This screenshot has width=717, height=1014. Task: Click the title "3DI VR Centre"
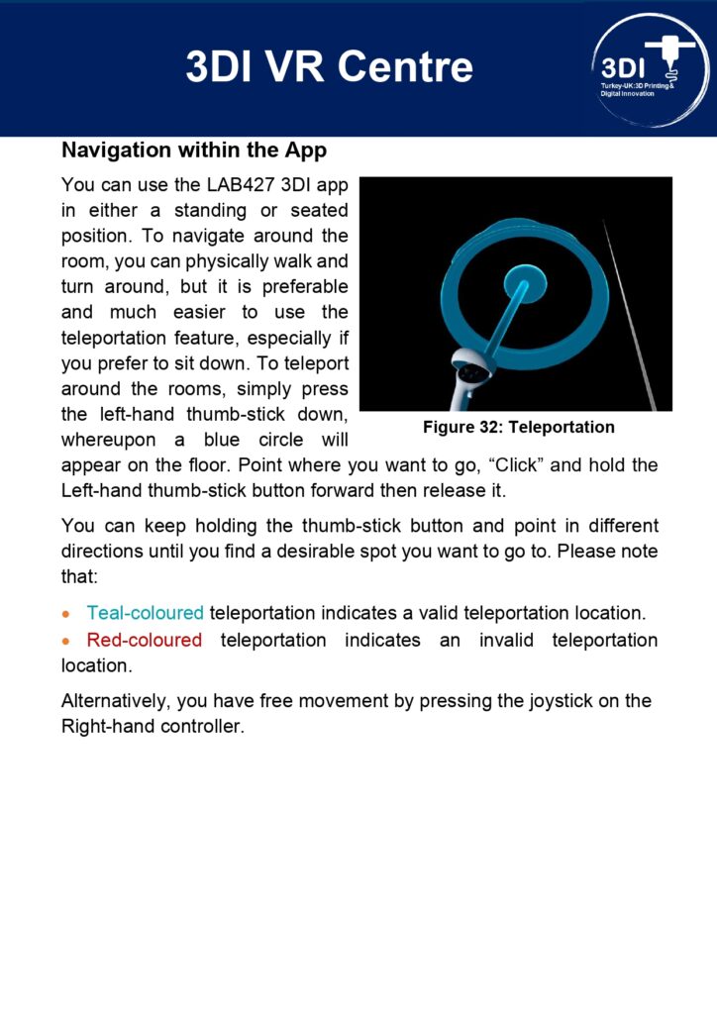coord(329,67)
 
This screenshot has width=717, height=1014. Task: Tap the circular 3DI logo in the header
coord(650,69)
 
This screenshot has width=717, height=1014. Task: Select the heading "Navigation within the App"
coord(194,151)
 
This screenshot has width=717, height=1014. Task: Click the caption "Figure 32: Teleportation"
coord(518,427)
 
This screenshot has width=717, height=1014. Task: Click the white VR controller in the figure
coord(469,375)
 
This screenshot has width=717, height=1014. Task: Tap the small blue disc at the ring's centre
coord(525,283)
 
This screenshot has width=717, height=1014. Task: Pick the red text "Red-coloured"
coord(144,640)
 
